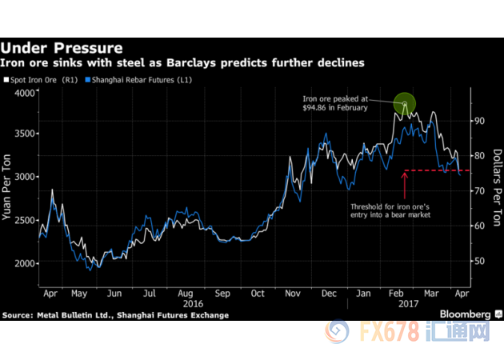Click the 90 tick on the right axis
pyautogui.click(x=478, y=121)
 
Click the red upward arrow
pyautogui.click(x=405, y=184)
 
